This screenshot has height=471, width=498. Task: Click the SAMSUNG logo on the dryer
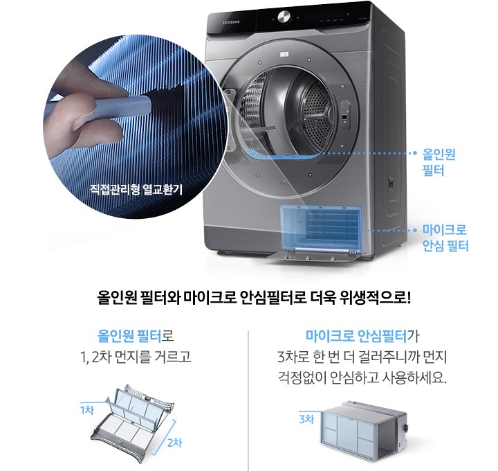pyautogui.click(x=231, y=24)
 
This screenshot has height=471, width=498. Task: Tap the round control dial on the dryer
pyautogui.click(x=284, y=17)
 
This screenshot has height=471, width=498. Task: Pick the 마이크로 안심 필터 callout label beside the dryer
pyautogui.click(x=445, y=238)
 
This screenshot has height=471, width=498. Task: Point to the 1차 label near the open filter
pyautogui.click(x=86, y=409)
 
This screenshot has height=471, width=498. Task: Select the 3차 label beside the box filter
pyautogui.click(x=306, y=419)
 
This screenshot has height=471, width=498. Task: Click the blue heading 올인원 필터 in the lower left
pyautogui.click(x=130, y=337)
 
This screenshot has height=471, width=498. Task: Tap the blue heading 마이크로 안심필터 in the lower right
pyautogui.click(x=356, y=337)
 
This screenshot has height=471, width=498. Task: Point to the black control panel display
pyautogui.click(x=325, y=17)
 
